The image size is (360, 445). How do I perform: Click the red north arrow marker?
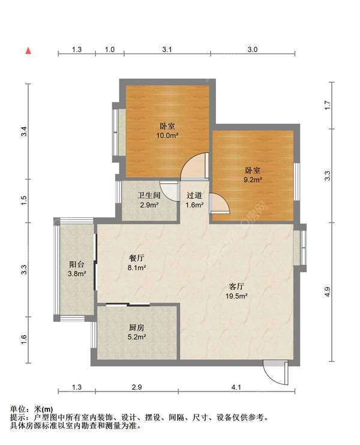[x=28, y=51]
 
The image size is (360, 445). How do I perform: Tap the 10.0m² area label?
[x=167, y=135]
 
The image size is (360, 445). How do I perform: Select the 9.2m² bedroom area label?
[x=253, y=180]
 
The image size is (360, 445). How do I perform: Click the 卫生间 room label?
[x=149, y=195]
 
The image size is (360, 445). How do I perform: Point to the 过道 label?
[x=194, y=195]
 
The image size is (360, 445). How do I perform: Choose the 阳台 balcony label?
[x=77, y=264]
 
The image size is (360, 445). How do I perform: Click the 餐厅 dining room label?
[x=137, y=258]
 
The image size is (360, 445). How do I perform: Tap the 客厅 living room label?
[x=236, y=286]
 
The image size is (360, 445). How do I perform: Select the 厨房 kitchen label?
[x=137, y=327]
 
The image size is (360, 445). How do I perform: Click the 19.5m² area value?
[x=236, y=296]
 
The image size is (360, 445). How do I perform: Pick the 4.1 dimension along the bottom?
[x=236, y=387]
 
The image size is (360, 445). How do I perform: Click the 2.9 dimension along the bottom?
[x=137, y=387]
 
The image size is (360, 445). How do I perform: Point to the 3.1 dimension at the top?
[x=167, y=49]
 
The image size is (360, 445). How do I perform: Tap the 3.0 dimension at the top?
[x=253, y=49]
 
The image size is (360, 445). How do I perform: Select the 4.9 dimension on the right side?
[x=328, y=292]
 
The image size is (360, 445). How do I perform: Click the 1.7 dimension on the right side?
[x=328, y=105]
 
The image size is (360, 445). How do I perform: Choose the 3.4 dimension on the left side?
[x=24, y=132]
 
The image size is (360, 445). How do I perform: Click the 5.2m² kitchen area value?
[x=137, y=337]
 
